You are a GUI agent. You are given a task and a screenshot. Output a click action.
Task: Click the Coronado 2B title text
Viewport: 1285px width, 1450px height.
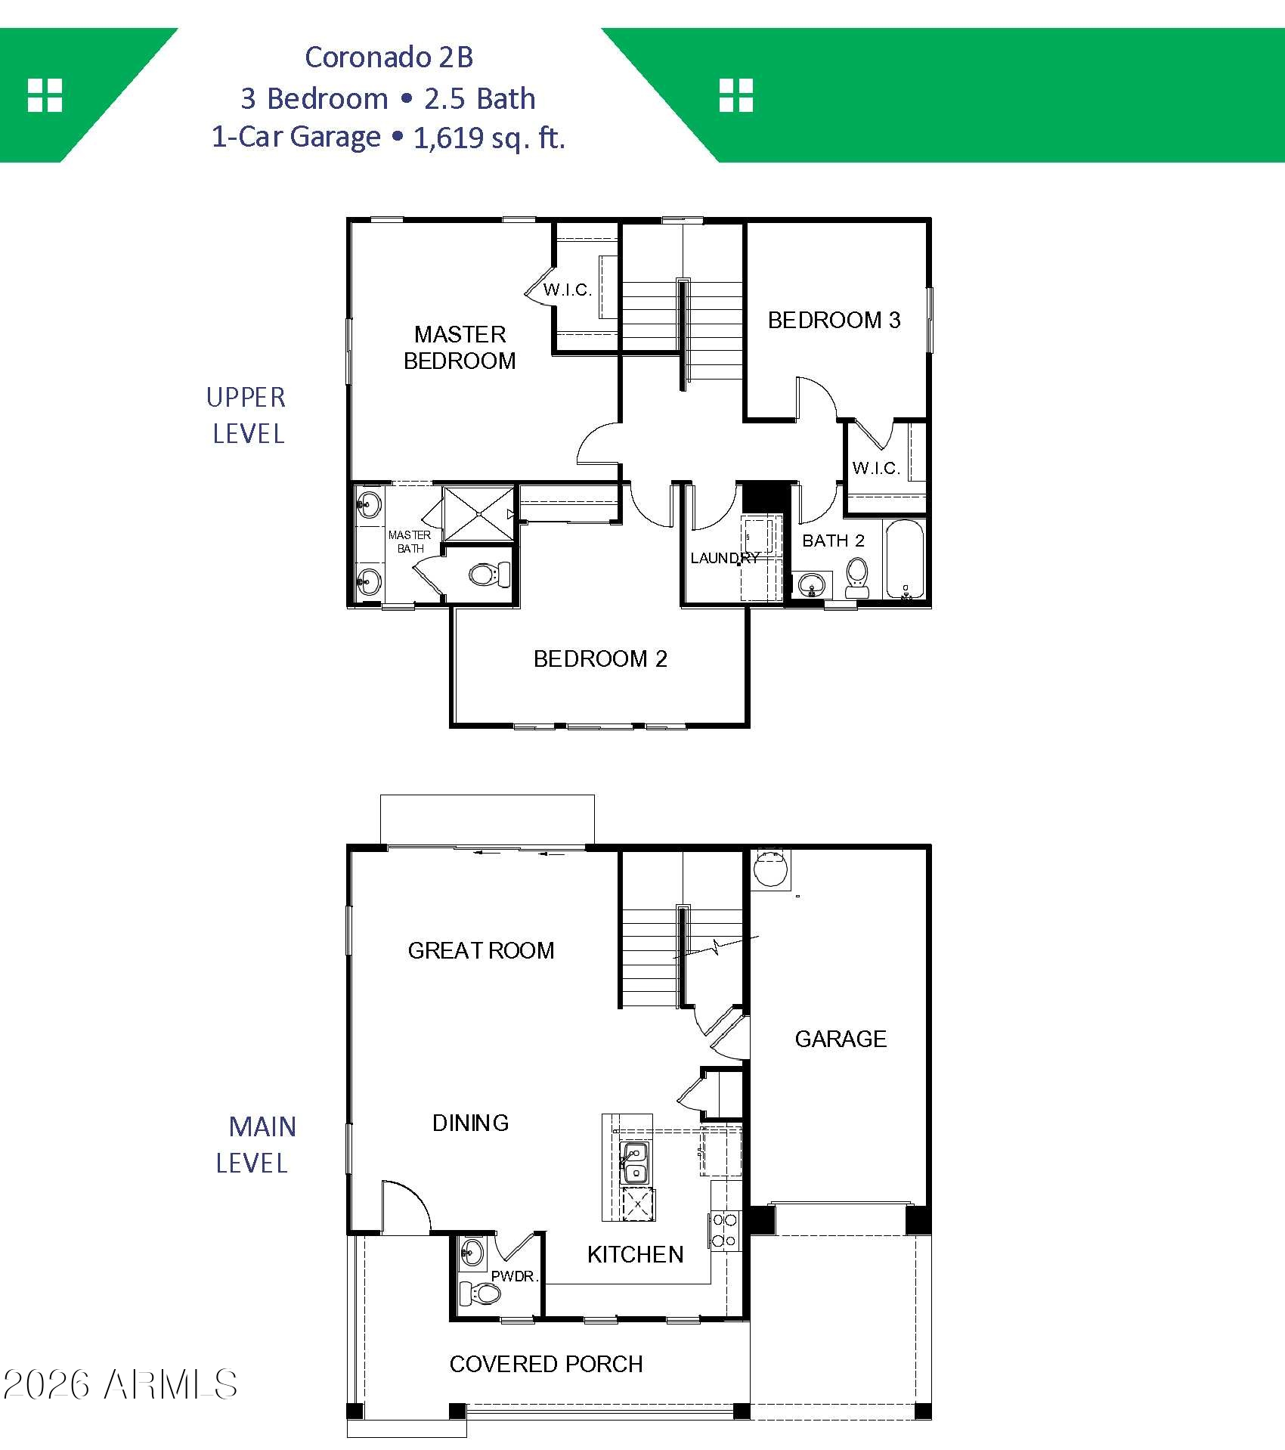389,57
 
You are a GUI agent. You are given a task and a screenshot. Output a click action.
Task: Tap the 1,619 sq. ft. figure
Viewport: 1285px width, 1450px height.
490,138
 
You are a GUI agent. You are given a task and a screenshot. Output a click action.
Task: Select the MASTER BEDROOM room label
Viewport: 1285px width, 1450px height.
460,348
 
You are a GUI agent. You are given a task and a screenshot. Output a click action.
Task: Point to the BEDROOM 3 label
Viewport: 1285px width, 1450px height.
834,321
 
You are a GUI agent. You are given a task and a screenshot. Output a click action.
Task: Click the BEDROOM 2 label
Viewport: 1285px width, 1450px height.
600,659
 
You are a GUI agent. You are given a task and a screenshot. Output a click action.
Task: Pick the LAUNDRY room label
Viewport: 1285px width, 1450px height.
725,558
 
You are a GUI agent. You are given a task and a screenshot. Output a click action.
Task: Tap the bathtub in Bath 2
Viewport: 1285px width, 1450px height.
904,559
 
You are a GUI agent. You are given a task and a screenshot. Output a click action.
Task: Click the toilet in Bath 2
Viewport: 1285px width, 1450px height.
856,578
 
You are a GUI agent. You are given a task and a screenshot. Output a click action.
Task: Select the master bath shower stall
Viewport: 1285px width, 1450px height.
479,513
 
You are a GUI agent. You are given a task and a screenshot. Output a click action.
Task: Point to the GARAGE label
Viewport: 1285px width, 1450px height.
841,1039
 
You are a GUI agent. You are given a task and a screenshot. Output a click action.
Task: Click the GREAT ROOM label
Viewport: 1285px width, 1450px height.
481,950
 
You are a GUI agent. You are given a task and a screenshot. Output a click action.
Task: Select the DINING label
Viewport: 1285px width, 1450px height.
470,1123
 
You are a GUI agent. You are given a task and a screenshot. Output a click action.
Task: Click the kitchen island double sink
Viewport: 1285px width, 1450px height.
634,1163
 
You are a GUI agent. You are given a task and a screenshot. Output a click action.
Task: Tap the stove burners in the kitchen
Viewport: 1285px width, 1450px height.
723,1230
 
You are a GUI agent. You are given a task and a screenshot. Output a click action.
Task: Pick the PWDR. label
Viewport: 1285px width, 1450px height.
514,1277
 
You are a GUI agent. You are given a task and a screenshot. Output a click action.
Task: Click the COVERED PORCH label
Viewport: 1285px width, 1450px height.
546,1364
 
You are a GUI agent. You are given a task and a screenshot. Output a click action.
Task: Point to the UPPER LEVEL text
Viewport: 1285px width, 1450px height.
246,416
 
